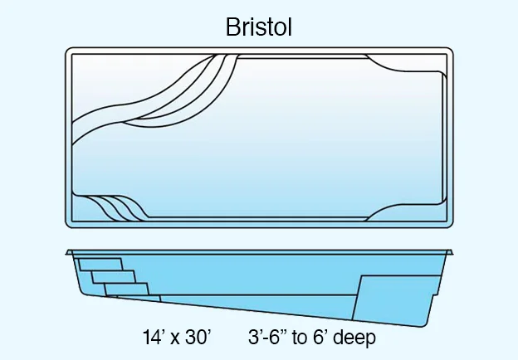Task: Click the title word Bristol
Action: pos(259,27)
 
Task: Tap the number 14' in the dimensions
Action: pos(155,338)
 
